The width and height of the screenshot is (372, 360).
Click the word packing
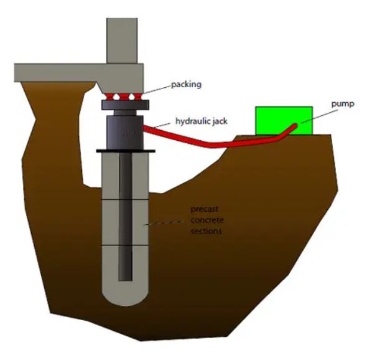point(186,85)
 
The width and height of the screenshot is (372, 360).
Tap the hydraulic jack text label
point(202,121)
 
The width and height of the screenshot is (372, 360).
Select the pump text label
point(343,104)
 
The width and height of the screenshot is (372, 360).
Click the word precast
point(204,209)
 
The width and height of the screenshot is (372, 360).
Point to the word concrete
point(207,220)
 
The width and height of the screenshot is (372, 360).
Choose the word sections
point(206,230)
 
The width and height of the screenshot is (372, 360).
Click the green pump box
point(284,121)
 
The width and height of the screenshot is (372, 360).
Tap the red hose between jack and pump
point(213,143)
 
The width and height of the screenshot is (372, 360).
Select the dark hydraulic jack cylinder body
point(125,132)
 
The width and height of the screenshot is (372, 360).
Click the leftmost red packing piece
point(109,97)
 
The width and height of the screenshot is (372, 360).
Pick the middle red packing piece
point(123,97)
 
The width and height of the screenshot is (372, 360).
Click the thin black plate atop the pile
point(126,151)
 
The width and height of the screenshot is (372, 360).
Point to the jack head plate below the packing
point(125,105)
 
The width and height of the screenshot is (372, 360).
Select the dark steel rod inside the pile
point(125,217)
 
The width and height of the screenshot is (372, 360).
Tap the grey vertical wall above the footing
point(122,40)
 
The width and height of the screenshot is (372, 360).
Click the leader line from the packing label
point(157,89)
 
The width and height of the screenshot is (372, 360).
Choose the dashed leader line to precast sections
point(164,222)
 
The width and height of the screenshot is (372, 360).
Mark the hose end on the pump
point(295,125)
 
